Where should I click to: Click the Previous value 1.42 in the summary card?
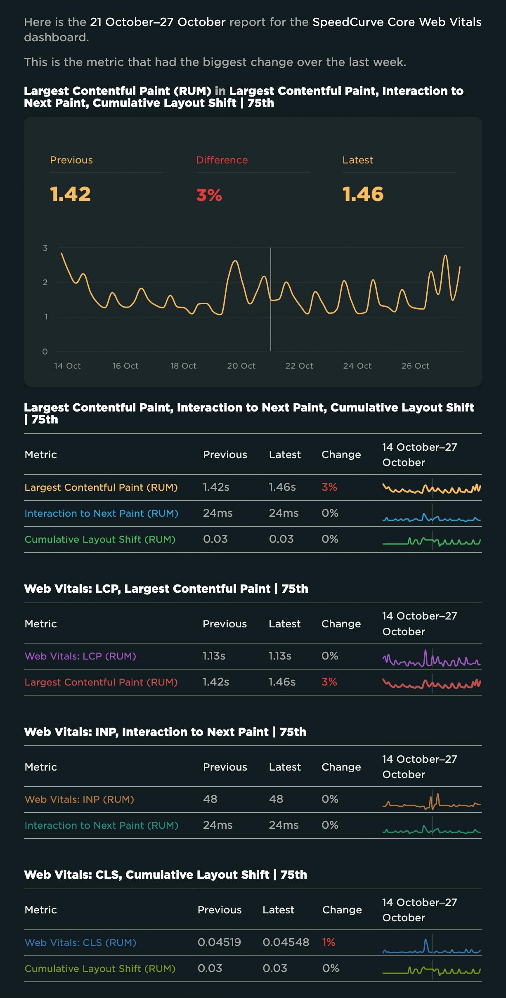point(71,194)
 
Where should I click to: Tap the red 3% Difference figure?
point(209,195)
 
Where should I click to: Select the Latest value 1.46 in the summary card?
point(363,194)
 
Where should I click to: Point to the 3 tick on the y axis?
point(45,248)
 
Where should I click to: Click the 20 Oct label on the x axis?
point(241,366)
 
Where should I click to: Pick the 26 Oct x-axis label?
point(415,366)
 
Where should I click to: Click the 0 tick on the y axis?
point(45,352)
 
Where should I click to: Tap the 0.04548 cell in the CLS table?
point(286,942)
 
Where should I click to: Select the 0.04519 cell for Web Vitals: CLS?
point(219,942)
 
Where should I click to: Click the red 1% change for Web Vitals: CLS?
point(329,942)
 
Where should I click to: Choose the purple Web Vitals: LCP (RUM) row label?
point(80,656)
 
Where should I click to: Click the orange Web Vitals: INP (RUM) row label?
point(79,799)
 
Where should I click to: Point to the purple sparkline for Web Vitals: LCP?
point(431,657)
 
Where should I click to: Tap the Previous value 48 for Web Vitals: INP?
point(210,799)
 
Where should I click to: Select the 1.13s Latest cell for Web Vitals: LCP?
point(280,656)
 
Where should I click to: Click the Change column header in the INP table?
point(341,767)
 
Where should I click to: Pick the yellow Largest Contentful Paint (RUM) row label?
point(101,487)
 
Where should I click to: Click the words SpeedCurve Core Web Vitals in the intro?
point(397,22)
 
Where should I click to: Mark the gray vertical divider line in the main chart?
point(270,314)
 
